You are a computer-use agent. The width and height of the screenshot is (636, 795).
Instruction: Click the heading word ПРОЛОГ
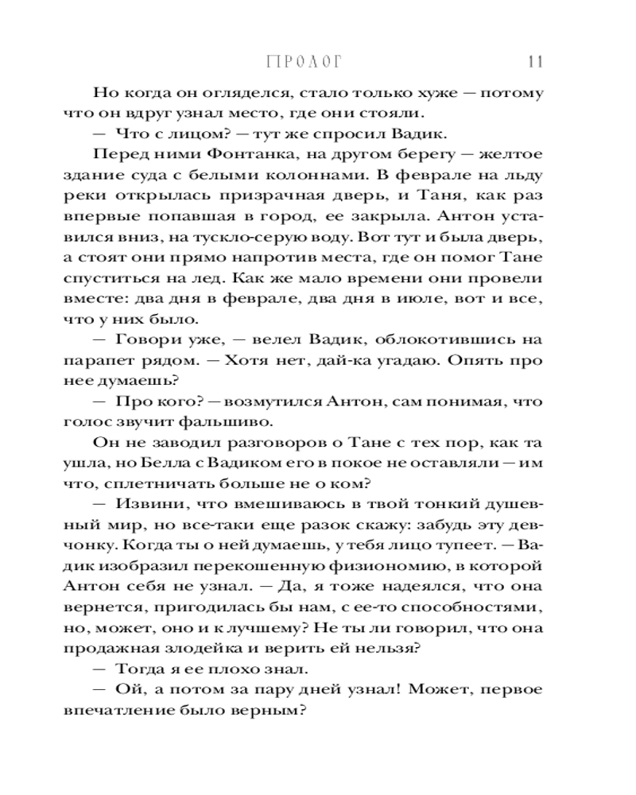(x=308, y=63)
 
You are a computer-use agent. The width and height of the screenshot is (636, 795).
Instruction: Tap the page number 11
(x=533, y=63)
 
